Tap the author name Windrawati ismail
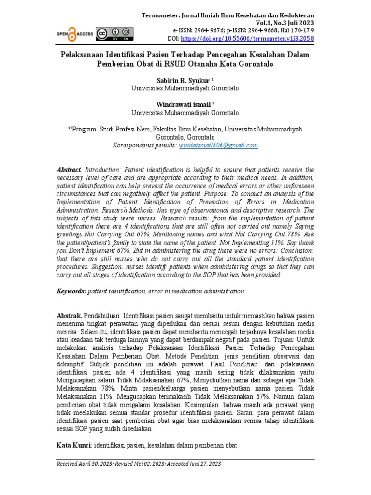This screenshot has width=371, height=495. click(183, 104)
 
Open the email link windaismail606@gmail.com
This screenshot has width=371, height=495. click(218, 145)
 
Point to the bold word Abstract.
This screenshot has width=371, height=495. click(70, 170)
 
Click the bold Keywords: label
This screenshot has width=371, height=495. click(71, 291)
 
